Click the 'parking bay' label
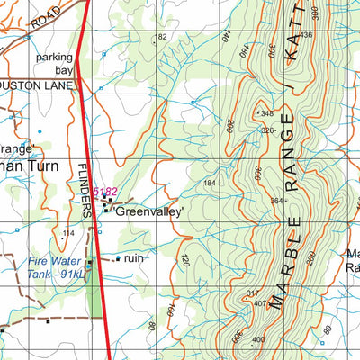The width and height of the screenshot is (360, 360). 53,63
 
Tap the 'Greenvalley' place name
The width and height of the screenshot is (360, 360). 149,212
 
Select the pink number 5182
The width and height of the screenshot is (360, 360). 105,192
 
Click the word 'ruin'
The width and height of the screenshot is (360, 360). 134,257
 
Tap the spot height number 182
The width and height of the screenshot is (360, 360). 161,37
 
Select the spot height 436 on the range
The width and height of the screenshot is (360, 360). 306,35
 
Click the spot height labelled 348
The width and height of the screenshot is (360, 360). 265,113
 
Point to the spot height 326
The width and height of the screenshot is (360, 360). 267,130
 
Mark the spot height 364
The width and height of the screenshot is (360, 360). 277,201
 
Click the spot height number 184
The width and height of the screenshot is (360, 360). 210,183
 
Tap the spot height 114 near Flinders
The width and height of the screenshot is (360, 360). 67,232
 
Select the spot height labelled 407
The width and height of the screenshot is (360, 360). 259,302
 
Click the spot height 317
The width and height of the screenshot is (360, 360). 253,292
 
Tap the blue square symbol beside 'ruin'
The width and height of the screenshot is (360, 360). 118,258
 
